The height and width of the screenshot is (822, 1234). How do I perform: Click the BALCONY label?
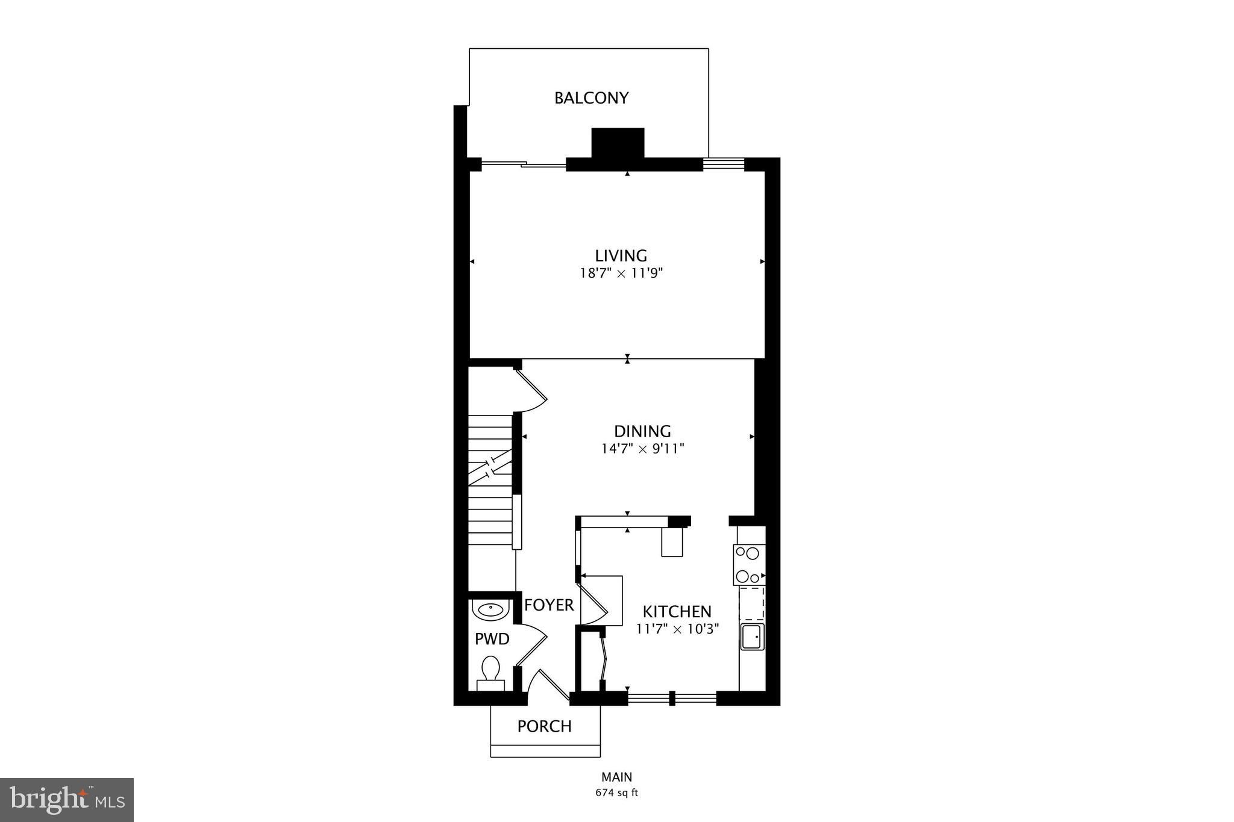[x=591, y=98]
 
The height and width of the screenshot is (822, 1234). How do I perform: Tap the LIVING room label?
[x=621, y=255]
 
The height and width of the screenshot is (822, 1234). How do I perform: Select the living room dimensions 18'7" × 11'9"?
[x=621, y=273]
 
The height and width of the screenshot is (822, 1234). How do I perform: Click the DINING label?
[x=642, y=431]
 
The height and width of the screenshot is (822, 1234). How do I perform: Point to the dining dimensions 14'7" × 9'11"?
[x=642, y=449]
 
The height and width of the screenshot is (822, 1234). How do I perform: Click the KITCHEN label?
[x=677, y=612]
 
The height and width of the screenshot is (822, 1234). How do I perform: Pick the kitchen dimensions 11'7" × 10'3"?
[x=677, y=630]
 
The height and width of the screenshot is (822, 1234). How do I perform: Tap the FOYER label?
[x=548, y=605]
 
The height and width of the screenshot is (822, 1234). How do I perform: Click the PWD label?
[x=492, y=639]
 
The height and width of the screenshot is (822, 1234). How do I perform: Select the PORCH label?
[x=544, y=726]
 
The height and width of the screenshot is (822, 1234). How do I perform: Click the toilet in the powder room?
[x=490, y=673]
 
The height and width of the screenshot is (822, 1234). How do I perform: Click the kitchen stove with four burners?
[x=749, y=564]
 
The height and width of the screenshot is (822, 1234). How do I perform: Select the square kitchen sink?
[x=751, y=637]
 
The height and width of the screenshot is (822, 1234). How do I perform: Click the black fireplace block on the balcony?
[x=618, y=143]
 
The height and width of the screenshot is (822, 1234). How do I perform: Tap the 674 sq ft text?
[x=616, y=793]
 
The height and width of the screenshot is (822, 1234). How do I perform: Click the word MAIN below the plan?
[x=616, y=777]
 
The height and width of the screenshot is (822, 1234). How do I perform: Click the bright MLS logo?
[x=67, y=800]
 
